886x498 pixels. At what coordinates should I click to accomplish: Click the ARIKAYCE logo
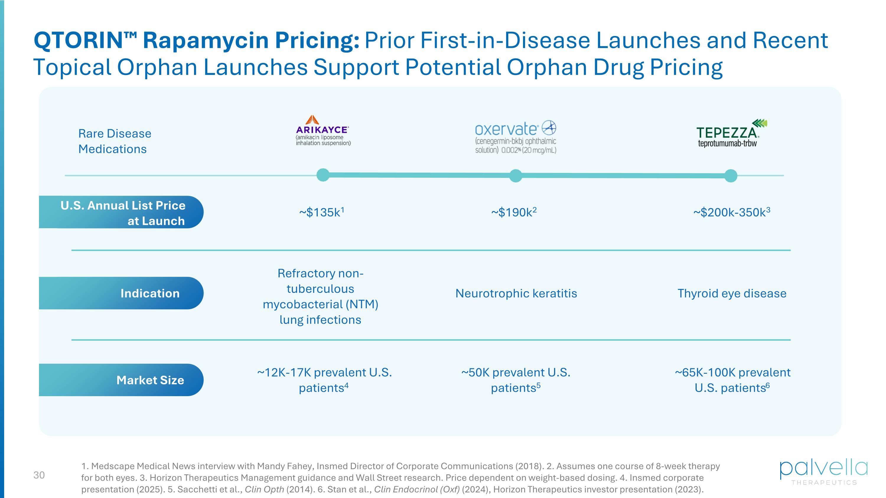pos(323,130)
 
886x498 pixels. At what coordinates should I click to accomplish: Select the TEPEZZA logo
pos(731,133)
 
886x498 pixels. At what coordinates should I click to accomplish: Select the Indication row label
pos(150,293)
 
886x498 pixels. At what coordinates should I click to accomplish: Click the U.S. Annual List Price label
pos(123,213)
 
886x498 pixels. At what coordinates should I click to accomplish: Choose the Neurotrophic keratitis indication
pos(516,293)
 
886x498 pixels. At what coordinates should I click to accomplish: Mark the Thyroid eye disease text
pos(732,293)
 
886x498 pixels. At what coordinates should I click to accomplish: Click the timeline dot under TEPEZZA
pos(731,176)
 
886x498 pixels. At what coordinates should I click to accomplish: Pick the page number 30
pos(39,475)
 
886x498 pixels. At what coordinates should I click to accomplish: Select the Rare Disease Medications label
pos(115,141)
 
